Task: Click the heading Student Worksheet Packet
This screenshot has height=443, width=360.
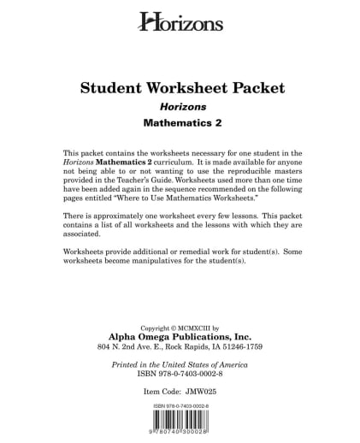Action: pyautogui.click(x=181, y=88)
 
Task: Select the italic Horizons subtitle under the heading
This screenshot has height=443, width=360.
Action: pyautogui.click(x=181, y=108)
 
